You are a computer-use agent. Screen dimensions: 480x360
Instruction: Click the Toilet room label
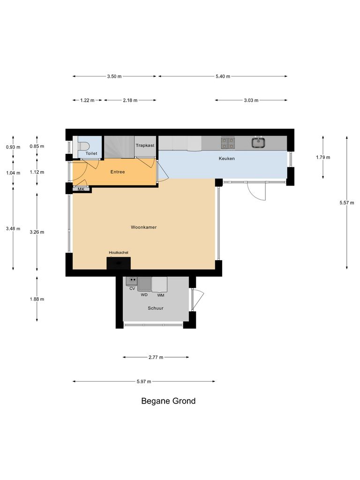pos(91,154)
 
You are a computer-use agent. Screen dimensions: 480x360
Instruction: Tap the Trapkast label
pos(145,146)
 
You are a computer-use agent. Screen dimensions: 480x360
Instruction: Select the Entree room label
pos(118,172)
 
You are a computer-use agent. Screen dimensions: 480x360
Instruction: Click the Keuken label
pos(226,158)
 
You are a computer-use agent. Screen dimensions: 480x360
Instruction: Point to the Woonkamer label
pos(143,227)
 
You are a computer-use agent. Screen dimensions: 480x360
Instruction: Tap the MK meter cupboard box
pos(81,189)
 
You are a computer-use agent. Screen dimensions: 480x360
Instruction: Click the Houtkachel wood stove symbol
pos(119,263)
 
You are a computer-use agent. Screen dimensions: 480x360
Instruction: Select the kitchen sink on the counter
pos(257,142)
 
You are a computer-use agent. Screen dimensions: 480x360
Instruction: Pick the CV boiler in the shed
pos(132,281)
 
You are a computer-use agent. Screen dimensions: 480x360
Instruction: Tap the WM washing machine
pos(160,284)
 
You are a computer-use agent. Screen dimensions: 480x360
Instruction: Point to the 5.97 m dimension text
pos(144,382)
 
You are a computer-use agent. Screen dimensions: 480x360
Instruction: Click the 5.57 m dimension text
pos(347,203)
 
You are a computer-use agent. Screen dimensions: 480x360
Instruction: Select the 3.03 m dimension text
pos(251,100)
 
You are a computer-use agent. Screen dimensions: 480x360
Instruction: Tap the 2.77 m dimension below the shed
pos(156,358)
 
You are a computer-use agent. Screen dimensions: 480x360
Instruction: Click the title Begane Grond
pos(168,401)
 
